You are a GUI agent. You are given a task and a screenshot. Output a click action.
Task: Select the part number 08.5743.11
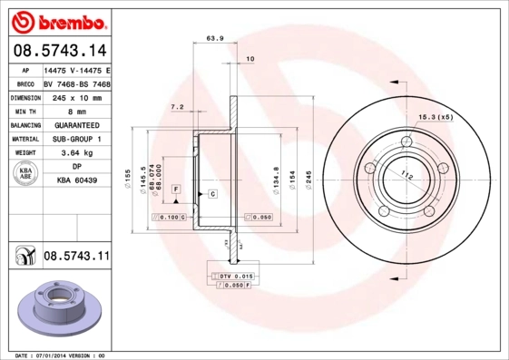tap(76, 257)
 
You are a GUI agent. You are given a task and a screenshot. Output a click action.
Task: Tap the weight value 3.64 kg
tap(77, 153)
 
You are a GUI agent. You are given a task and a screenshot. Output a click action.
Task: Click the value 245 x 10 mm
tap(77, 96)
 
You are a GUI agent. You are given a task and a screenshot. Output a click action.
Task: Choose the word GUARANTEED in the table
tap(77, 125)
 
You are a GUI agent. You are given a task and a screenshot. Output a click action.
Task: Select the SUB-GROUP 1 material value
tap(77, 139)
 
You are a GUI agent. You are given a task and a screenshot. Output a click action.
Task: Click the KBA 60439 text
tap(77, 182)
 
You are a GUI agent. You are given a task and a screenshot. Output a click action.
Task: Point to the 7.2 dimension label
tap(178, 107)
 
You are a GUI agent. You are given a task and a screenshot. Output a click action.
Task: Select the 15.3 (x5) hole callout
tap(436, 117)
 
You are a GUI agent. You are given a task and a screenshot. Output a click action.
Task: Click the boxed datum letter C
tap(211, 194)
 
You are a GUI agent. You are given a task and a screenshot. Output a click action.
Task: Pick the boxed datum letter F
tap(176, 188)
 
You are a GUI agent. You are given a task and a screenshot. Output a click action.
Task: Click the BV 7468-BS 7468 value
tap(77, 83)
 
